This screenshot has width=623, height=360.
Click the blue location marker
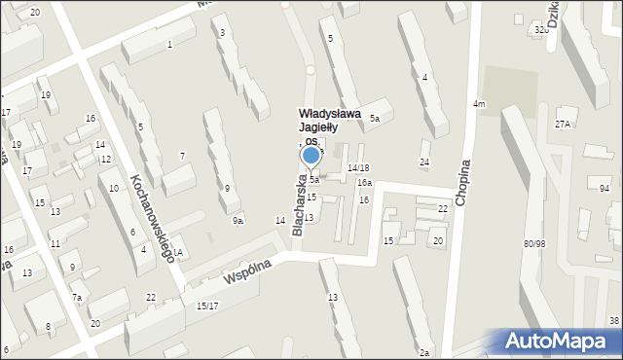[x=311, y=154]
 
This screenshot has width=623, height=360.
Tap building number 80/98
[x=534, y=243]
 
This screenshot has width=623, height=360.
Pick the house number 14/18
[x=358, y=168]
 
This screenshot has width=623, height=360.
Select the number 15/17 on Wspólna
[x=207, y=306]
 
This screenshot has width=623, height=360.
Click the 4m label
[x=479, y=104]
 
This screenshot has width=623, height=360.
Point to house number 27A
[x=563, y=124]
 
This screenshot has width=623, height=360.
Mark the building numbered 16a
[x=364, y=183]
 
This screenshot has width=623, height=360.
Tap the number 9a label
[x=238, y=221]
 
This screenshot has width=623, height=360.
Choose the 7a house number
[x=77, y=297]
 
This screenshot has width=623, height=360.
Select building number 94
[x=605, y=188]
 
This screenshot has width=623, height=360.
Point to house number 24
[x=424, y=162]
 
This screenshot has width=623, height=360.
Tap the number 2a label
[x=424, y=352]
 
